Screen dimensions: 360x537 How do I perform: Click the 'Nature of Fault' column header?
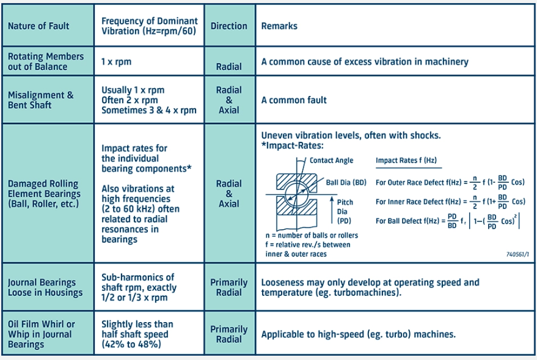pyautogui.click(x=38, y=26)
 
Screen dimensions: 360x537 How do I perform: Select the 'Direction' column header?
pyautogui.click(x=229, y=26)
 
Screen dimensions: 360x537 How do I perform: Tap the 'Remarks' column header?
pyautogui.click(x=279, y=26)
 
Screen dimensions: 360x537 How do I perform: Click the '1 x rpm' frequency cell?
pyautogui.click(x=116, y=62)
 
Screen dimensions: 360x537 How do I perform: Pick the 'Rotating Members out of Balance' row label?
pyautogui.click(x=46, y=61)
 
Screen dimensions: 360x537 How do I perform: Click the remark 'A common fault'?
pyautogui.click(x=294, y=100)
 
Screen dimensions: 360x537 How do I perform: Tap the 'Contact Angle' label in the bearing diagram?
pyautogui.click(x=331, y=160)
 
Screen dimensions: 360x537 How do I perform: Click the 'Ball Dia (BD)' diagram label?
pyautogui.click(x=346, y=182)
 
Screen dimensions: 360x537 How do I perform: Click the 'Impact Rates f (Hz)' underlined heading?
pyautogui.click(x=406, y=160)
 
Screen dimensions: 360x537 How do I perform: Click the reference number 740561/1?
pyautogui.click(x=518, y=253)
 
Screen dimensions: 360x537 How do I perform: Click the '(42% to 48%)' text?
pyautogui.click(x=131, y=344)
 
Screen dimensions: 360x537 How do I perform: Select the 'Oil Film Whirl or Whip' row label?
pyautogui.click(x=42, y=334)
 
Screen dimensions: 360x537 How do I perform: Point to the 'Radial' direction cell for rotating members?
pyautogui.click(x=229, y=66)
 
